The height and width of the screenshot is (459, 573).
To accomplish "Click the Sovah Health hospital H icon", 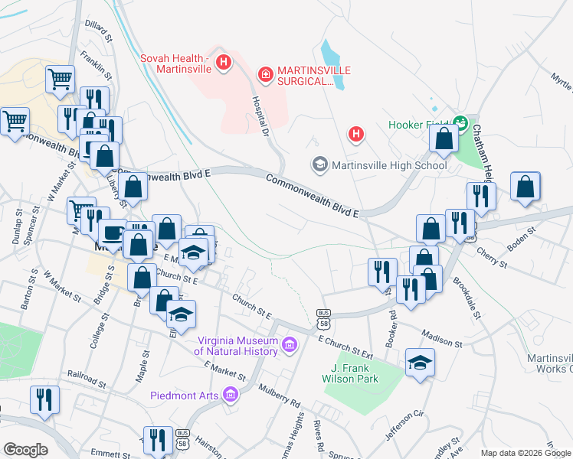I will click(x=223, y=62).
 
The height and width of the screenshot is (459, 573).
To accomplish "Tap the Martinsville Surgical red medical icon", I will click(x=265, y=73).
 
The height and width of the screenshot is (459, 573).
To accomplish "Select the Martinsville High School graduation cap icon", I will click(x=319, y=164).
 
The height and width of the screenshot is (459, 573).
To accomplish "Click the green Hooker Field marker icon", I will click(x=460, y=122).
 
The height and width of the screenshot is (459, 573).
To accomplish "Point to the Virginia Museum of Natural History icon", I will click(x=290, y=346).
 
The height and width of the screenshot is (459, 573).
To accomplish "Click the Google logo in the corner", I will click(x=25, y=449).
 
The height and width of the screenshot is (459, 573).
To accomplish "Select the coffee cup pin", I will click(x=113, y=233).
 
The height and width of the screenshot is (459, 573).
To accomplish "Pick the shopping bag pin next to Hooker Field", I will click(x=444, y=138).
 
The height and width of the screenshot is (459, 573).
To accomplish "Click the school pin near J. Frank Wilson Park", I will click(x=420, y=363).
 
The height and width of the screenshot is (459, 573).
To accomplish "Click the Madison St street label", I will click(x=441, y=340).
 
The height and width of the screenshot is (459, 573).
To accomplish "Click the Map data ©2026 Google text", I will click(x=526, y=453).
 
